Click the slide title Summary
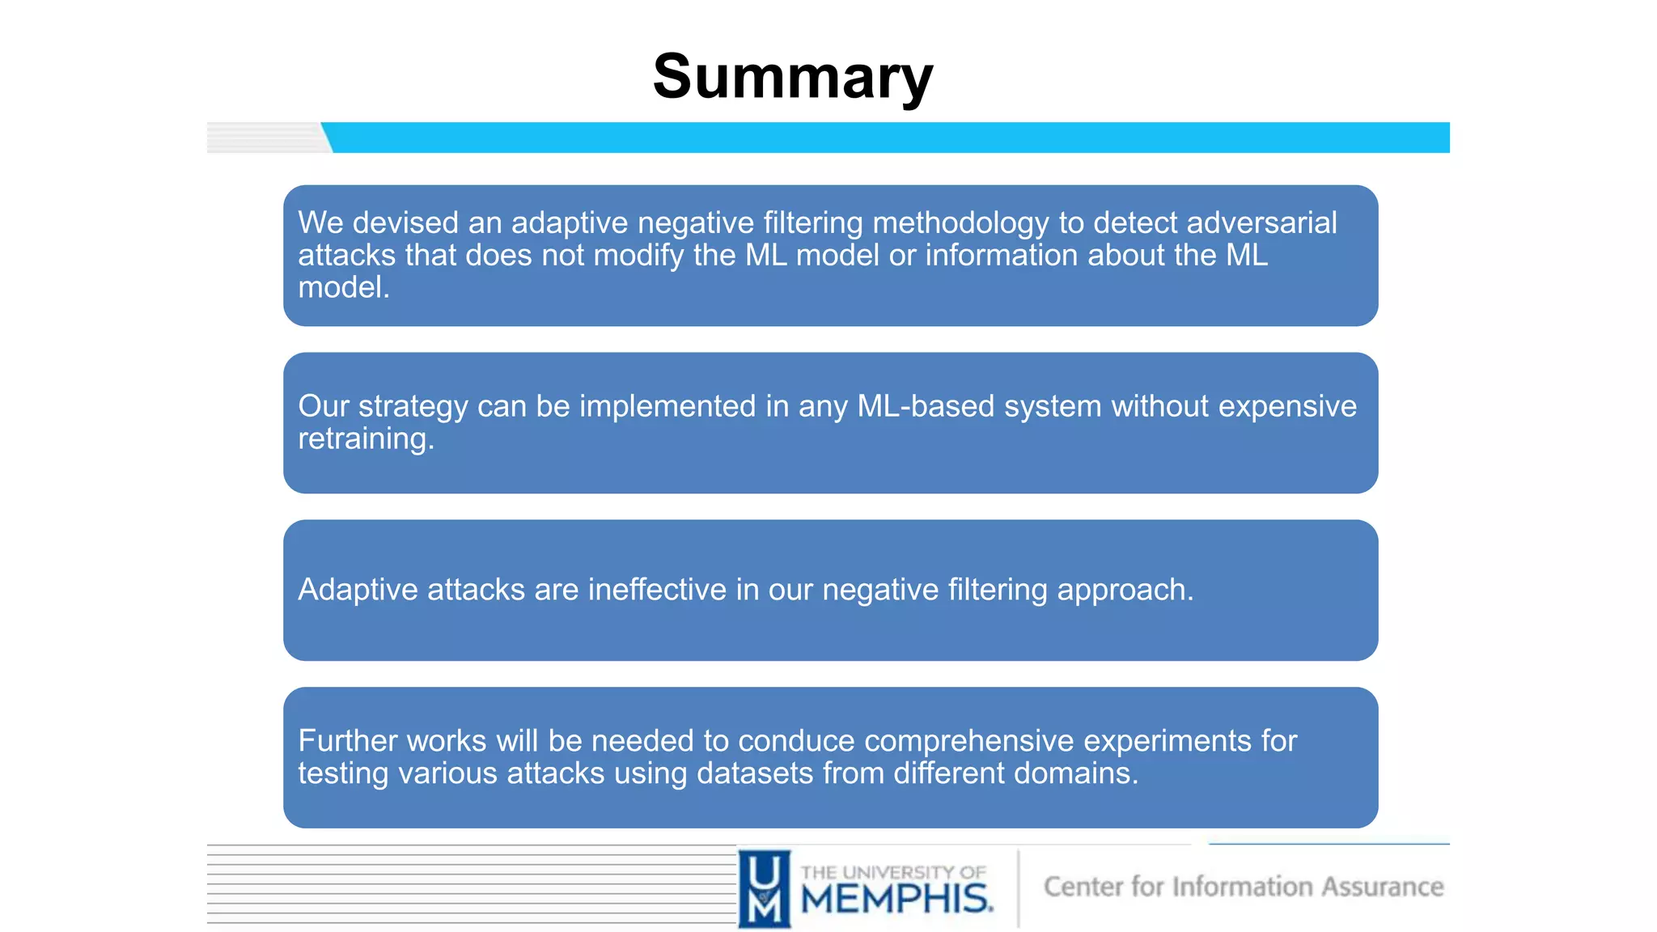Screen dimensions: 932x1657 [x=793, y=77]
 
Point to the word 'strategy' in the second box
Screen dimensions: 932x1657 [x=413, y=407]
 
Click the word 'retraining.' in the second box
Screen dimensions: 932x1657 [x=366, y=439]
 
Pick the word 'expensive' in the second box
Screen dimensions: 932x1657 [x=1287, y=406]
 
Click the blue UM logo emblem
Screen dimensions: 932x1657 [x=765, y=888]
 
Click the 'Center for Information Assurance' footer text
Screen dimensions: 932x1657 [x=1244, y=887]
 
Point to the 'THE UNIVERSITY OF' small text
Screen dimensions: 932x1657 [x=893, y=872]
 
